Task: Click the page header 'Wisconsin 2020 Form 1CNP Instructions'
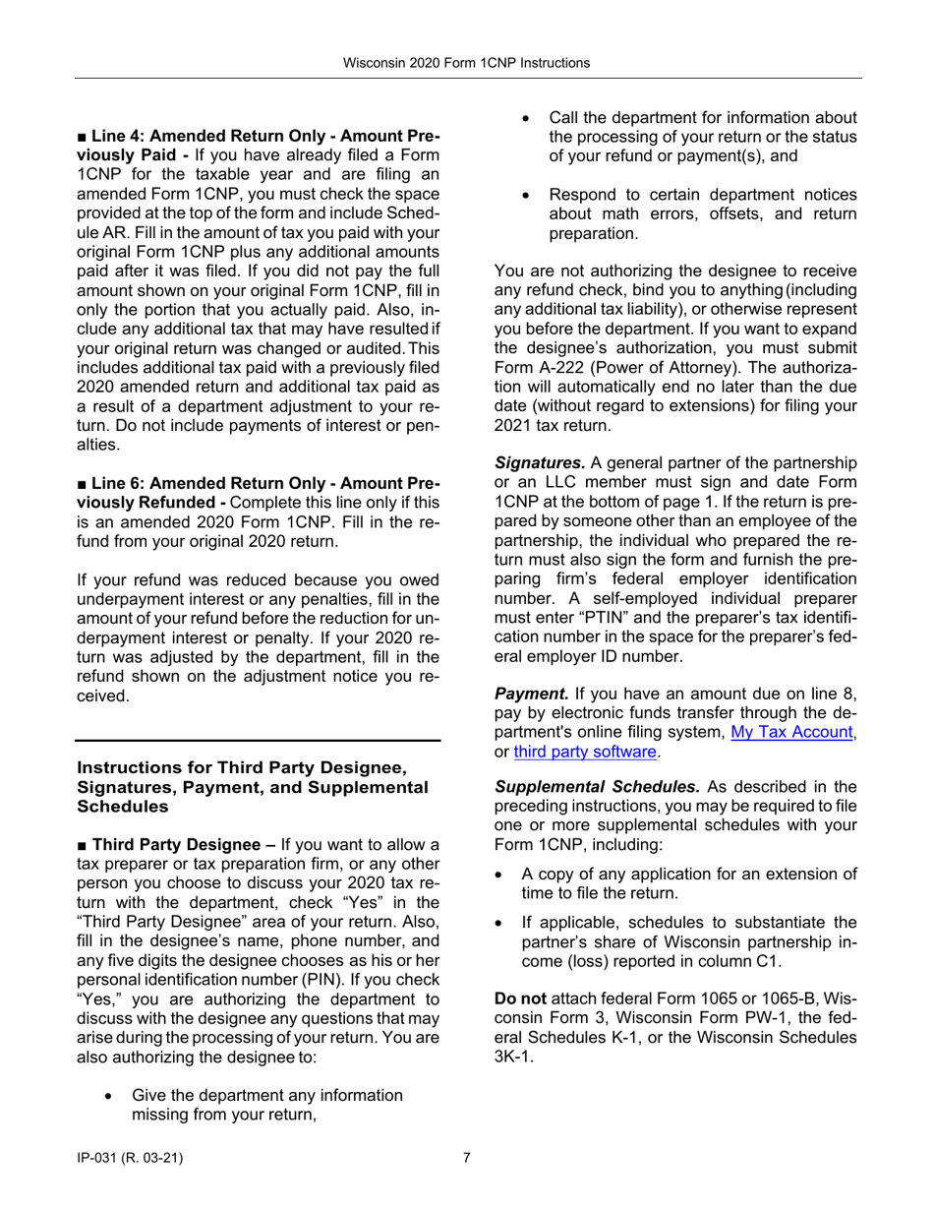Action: pyautogui.click(x=466, y=63)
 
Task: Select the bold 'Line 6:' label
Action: pyautogui.click(x=115, y=484)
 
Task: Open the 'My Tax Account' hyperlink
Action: pyautogui.click(x=791, y=733)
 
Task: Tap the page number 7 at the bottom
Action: pyautogui.click(x=467, y=1158)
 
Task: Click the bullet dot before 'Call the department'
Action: pyautogui.click(x=527, y=119)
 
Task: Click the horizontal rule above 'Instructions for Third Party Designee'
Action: pyautogui.click(x=259, y=740)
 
